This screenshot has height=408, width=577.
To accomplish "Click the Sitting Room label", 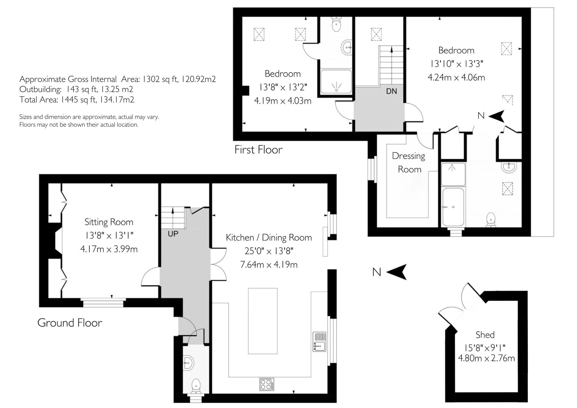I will click(x=109, y=222).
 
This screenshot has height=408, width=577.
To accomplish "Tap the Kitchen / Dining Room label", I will click(x=269, y=237).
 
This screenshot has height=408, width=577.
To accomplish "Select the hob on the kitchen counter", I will click(x=267, y=384).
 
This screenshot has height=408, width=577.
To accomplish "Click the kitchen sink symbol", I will click(x=319, y=342).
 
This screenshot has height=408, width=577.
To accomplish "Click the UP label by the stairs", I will click(x=173, y=234).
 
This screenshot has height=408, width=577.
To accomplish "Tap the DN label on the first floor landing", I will click(x=391, y=91).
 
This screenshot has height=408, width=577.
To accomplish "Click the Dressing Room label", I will click(x=409, y=162).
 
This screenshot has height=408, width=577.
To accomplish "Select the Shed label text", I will click(x=485, y=335).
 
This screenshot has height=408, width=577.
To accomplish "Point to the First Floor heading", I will click(x=258, y=149).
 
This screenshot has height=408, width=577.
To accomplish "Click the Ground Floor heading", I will click(x=70, y=323).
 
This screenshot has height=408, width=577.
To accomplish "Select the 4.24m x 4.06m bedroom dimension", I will click(x=456, y=77).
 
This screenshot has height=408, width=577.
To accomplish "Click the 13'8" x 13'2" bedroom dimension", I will click(x=282, y=87).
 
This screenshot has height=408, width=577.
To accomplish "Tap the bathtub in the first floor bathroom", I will click(x=453, y=207).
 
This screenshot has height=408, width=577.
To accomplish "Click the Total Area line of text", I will click(x=77, y=100).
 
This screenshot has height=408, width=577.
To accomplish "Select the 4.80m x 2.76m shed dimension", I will click(x=486, y=358).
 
